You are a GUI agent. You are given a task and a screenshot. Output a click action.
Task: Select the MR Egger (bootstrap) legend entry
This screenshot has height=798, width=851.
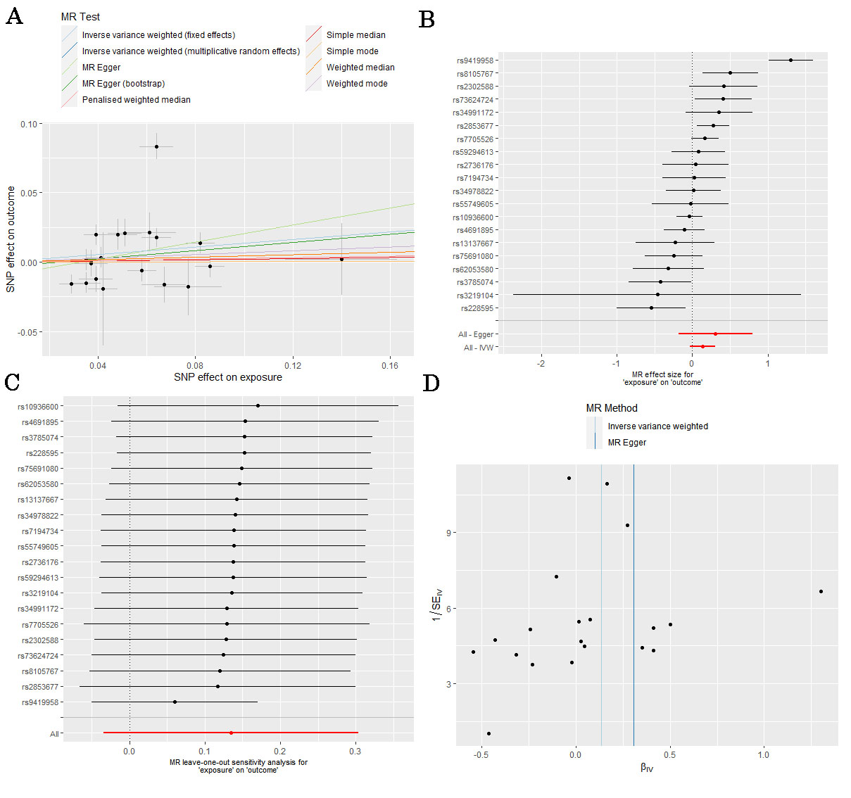pos(123,84)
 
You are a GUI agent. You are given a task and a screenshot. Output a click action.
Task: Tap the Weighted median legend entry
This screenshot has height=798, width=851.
pos(360,68)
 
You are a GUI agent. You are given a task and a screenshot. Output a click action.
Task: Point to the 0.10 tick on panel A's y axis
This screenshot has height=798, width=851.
pos(29,124)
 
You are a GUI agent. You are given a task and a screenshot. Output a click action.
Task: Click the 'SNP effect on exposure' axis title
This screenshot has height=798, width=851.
pos(228,377)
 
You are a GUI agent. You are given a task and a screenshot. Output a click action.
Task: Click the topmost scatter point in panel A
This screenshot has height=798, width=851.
pos(156,146)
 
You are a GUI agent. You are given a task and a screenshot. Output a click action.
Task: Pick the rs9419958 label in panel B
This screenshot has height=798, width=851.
pos(475,61)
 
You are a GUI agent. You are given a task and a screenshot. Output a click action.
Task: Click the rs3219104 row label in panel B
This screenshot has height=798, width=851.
pos(475,296)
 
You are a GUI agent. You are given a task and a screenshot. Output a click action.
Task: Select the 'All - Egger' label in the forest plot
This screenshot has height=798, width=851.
pos(476,334)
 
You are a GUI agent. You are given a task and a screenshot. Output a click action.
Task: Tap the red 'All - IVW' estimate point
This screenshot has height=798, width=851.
pos(702,346)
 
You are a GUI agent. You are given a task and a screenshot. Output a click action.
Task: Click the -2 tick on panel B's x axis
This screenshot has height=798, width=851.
pos(541,363)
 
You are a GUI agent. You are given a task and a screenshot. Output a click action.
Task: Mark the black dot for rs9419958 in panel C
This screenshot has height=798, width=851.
pos(175,702)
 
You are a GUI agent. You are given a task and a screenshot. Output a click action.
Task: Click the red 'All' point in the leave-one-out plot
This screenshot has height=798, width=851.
pos(231,733)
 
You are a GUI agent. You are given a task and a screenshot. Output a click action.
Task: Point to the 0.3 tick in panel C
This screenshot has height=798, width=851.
pos(355,751)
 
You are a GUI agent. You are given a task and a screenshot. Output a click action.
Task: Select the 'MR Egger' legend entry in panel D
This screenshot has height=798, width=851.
pos(626,443)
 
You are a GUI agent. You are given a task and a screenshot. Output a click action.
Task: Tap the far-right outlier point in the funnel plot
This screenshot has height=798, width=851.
pos(821,591)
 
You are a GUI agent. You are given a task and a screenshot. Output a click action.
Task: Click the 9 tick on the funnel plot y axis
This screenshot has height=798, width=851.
pos(448,533)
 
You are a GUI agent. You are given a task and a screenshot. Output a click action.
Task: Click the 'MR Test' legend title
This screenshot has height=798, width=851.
pos(80,17)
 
